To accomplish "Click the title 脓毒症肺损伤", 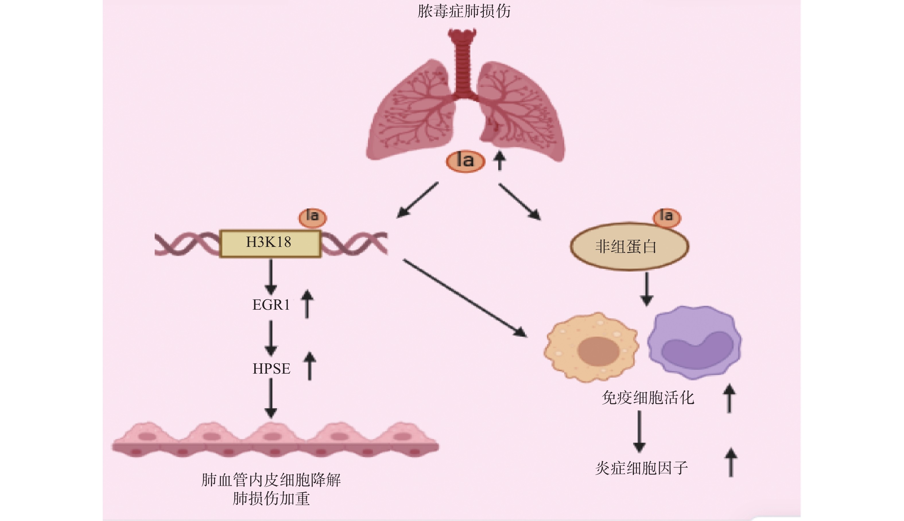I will [x=464, y=11].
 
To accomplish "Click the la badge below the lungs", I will [x=465, y=161].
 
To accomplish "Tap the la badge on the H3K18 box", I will [x=313, y=217].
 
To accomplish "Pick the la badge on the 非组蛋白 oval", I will [x=666, y=217].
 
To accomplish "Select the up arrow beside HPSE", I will [x=310, y=366].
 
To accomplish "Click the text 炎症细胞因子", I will [x=642, y=468].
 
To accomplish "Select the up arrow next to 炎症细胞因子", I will [x=731, y=462].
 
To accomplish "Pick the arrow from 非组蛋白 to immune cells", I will [x=647, y=289].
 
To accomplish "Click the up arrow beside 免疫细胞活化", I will [x=729, y=398].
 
